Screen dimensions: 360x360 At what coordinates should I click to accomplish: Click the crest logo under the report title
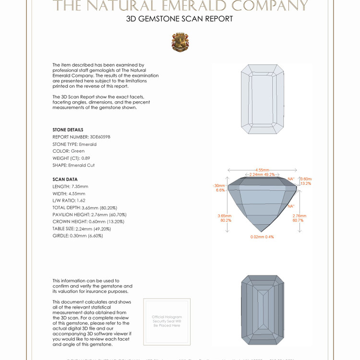pyautogui.click(x=180, y=42)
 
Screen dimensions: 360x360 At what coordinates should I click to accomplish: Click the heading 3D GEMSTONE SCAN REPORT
pyautogui.click(x=180, y=19)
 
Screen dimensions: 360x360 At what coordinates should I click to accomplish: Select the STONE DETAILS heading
pyautogui.click(x=68, y=130)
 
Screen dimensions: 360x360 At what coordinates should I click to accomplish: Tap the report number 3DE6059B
pyautogui.click(x=100, y=137)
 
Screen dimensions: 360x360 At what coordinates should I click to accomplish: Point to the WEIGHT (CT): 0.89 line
pyautogui.click(x=71, y=158)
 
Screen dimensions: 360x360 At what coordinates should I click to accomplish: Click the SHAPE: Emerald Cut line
pyautogui.click(x=73, y=165)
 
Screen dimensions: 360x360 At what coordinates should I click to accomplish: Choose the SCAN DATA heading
pyautogui.click(x=65, y=180)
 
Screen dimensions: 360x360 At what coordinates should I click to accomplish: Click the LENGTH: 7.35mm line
pyautogui.click(x=70, y=186)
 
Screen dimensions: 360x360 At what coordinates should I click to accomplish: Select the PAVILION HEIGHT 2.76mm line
pyautogui.click(x=89, y=215)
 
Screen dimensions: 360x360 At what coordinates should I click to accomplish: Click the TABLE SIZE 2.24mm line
pyautogui.click(x=84, y=229)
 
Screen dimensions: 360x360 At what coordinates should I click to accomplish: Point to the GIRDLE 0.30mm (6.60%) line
pyautogui.click(x=78, y=236)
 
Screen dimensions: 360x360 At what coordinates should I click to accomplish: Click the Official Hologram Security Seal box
pyautogui.click(x=167, y=321)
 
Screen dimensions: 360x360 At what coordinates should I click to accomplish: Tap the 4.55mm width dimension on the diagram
pyautogui.click(x=262, y=170)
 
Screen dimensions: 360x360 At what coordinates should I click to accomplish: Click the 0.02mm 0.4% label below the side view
pyautogui.click(x=262, y=237)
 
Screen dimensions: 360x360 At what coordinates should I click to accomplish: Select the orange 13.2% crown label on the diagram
pyautogui.click(x=306, y=183)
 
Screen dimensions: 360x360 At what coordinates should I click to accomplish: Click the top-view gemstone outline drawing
pyautogui.click(x=263, y=99)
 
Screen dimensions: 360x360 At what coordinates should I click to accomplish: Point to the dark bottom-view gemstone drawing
pyautogui.click(x=263, y=310)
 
